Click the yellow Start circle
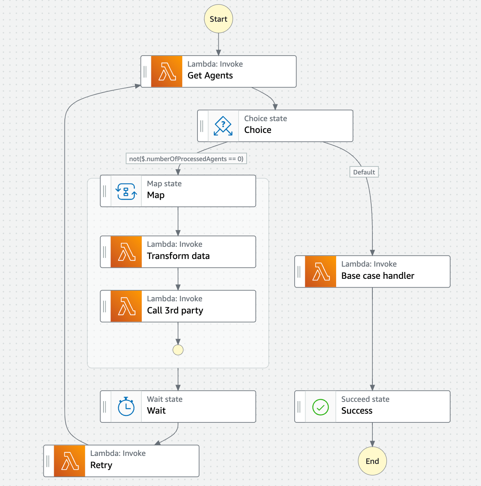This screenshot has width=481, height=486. click(218, 19)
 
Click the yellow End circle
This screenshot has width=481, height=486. click(372, 461)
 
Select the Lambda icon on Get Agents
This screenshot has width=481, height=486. click(167, 72)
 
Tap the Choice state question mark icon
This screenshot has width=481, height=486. click(223, 126)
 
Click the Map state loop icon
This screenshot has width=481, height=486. click(126, 191)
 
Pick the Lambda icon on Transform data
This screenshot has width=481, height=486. click(126, 252)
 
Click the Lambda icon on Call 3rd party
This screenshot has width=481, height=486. click(126, 306)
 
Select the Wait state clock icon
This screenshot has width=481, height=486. click(126, 406)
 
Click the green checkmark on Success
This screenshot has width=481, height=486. click(321, 407)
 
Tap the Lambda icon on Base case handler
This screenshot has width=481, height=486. click(321, 272)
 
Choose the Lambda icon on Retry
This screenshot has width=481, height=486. click(70, 461)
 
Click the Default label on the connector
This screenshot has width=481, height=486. click(364, 172)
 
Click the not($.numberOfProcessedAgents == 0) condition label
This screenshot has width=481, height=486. click(186, 159)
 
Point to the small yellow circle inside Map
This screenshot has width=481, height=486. click(178, 350)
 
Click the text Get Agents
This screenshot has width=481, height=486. click(210, 75)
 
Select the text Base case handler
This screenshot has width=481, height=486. click(378, 276)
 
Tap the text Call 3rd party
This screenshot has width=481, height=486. click(175, 310)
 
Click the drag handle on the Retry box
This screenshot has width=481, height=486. click(48, 461)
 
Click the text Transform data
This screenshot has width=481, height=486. click(178, 256)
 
